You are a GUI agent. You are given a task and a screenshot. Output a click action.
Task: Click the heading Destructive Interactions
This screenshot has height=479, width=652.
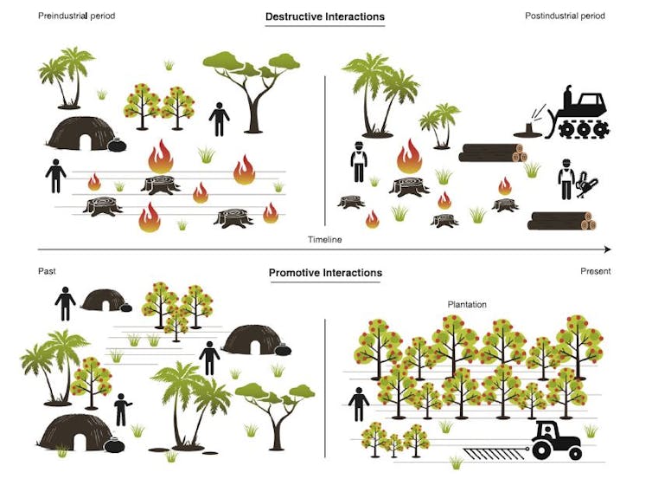coord(325,16)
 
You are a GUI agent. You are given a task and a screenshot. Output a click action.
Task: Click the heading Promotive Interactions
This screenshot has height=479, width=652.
coord(325,273)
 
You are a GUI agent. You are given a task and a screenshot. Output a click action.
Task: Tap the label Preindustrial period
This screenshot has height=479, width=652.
coord(76,16)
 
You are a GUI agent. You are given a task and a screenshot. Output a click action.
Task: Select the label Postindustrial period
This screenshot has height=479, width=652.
coord(565,16)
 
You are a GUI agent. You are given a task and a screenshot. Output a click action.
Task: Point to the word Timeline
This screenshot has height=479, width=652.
coord(325,239)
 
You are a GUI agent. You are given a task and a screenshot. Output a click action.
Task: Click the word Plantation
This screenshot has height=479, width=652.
coord(467,305)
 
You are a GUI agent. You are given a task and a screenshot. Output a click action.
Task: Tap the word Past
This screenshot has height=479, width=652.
coord(47,271)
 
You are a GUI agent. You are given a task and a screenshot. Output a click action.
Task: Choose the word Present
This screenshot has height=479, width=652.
coord(596,271)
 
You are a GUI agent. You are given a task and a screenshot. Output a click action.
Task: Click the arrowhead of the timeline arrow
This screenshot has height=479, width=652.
coord(608,249)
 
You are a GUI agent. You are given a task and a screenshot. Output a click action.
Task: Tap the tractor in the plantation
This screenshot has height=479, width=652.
coord(556,440)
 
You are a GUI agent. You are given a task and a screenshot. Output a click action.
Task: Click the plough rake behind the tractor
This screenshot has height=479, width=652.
coord(495,454)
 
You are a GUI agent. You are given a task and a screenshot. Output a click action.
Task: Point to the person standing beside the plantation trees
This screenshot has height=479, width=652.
coord(359,404)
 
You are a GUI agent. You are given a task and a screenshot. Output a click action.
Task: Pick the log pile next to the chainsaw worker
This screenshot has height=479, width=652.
coord(561,221)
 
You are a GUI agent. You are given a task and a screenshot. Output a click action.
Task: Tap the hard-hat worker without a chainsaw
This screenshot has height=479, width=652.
coord(359,162)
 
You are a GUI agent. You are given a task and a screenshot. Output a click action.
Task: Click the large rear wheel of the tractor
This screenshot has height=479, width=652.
coord(543,450)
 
